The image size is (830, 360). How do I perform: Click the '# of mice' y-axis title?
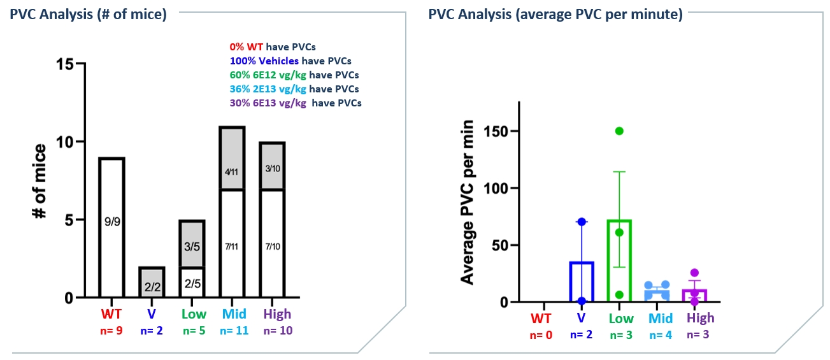tap(40, 182)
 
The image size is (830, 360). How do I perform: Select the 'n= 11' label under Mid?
tap(234, 331)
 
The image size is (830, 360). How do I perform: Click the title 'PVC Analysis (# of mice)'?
tap(88, 15)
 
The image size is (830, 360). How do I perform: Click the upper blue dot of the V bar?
tap(582, 221)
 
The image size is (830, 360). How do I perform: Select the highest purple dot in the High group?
tap(694, 273)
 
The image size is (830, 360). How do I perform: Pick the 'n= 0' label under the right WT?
tap(541, 335)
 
